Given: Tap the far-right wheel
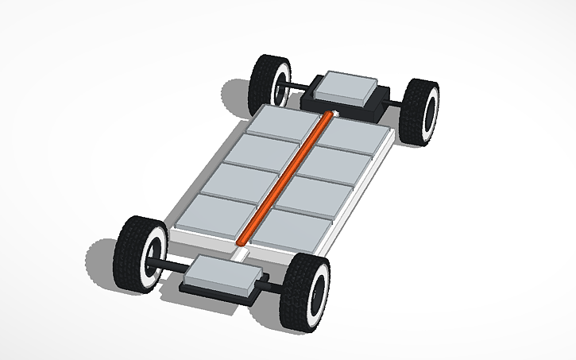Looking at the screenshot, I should coord(420,112).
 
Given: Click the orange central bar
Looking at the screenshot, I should coord(284,178).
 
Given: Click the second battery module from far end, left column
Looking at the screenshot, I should coord(260,149).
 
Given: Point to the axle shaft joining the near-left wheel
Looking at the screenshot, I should coord(170,265).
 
